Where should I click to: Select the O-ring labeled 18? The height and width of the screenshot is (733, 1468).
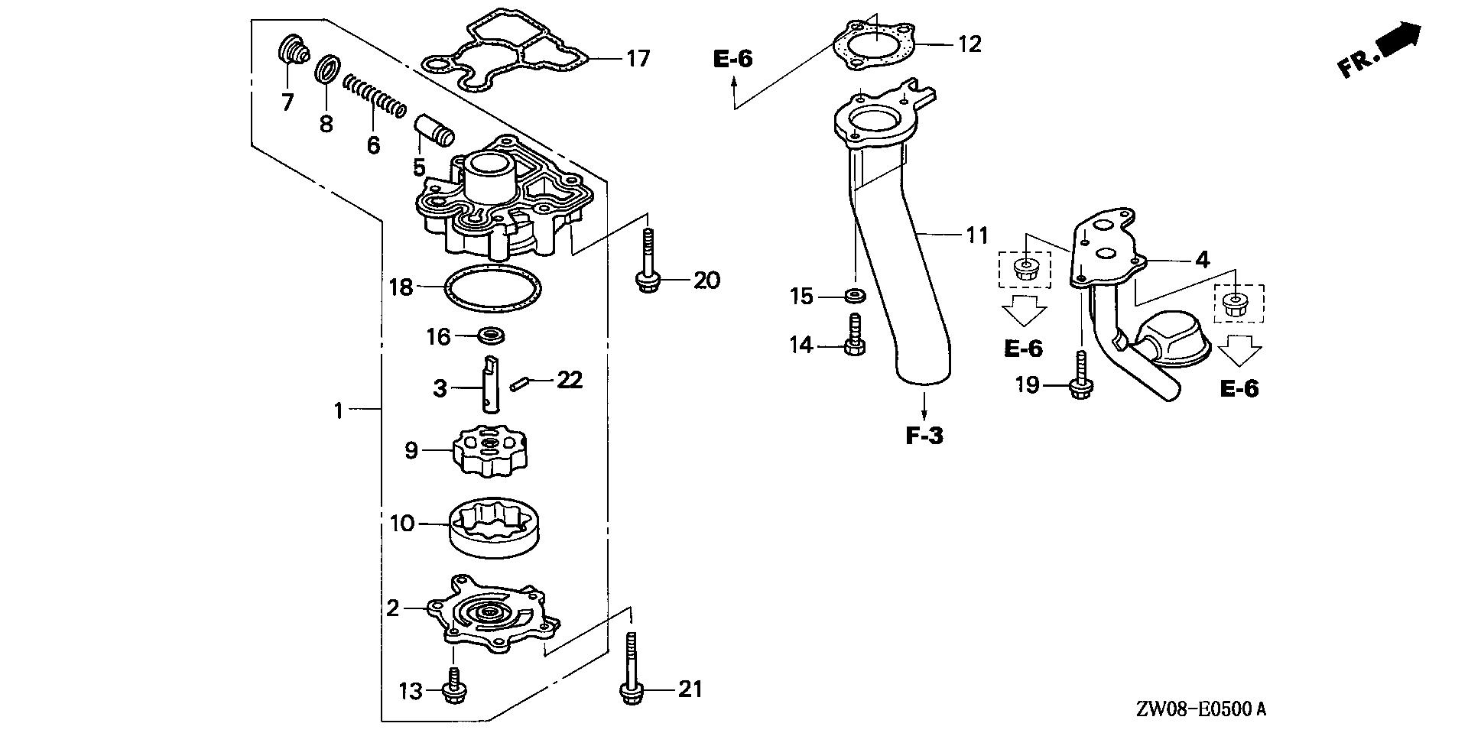click(492, 289)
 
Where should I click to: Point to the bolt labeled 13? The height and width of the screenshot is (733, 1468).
click(454, 685)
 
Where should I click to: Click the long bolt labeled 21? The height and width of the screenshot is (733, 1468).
click(629, 673)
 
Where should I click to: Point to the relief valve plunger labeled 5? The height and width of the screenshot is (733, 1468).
click(434, 129)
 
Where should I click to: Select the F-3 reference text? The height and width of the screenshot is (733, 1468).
click(924, 436)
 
